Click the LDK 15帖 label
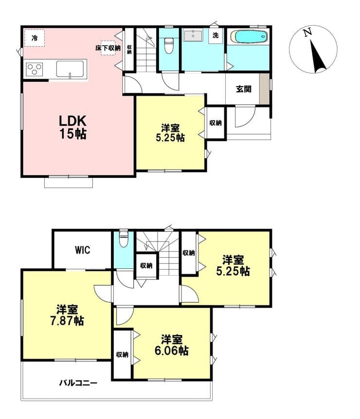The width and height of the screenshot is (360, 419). (73, 127)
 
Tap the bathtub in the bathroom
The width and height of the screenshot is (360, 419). (249, 36)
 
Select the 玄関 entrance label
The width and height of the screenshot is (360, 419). (244, 89)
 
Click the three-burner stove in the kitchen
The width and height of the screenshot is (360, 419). (34, 69)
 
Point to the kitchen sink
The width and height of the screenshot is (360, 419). (70, 69)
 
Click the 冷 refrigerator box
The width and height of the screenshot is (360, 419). (34, 38)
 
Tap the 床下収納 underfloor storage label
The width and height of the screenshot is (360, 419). (108, 48)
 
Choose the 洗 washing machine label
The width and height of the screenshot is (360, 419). (216, 35)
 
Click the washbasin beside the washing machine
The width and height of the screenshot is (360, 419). (193, 36)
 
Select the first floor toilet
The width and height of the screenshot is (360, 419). (168, 45)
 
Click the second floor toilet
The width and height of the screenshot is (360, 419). (123, 238)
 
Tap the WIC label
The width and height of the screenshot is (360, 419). (82, 250)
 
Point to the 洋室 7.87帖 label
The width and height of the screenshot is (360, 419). (67, 315)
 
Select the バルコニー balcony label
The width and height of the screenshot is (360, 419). (78, 383)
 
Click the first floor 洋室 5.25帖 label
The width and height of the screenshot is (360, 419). (170, 133)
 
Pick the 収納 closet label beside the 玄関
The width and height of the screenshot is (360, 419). (216, 123)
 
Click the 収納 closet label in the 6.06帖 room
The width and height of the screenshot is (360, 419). (122, 355)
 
